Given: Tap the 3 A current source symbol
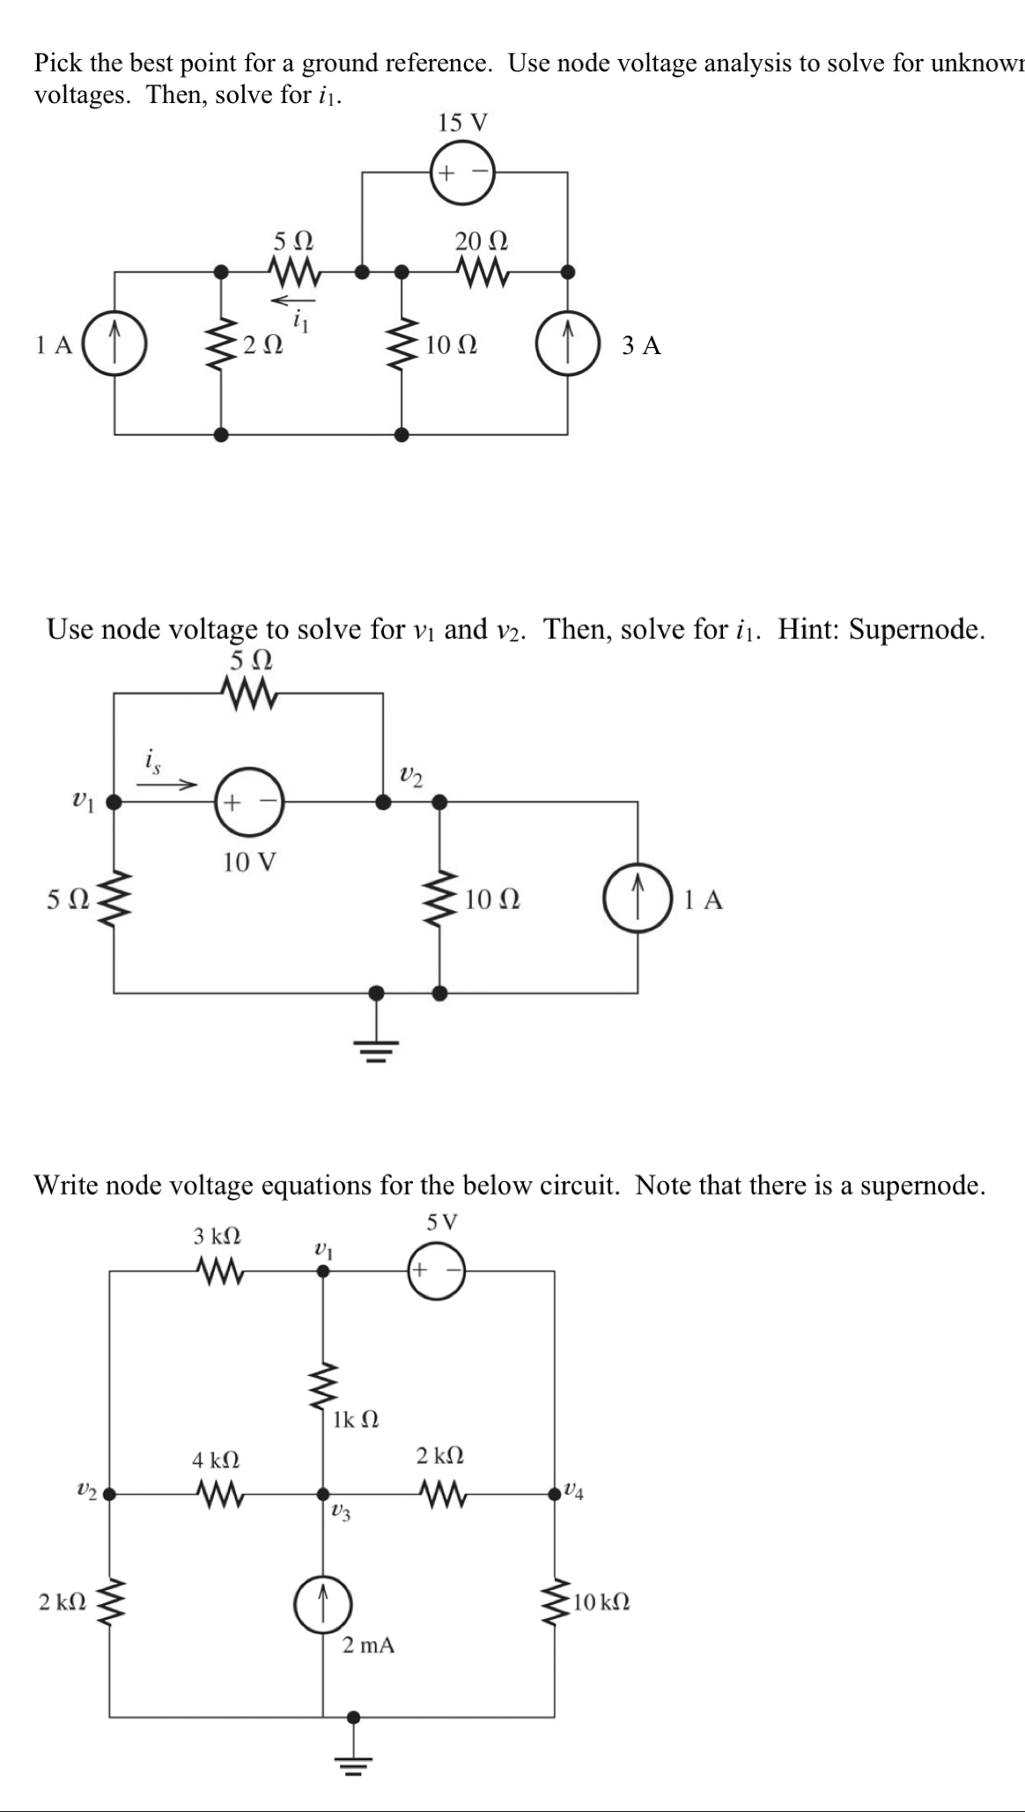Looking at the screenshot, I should [x=568, y=345].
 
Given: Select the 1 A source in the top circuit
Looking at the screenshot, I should [x=114, y=345].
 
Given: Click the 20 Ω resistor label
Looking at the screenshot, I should [x=481, y=240].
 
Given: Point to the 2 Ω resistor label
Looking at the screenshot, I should [x=262, y=346].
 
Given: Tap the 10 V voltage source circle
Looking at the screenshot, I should [x=249, y=802].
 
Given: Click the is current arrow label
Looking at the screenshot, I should [x=153, y=758].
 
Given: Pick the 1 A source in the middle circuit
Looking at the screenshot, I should [x=638, y=899].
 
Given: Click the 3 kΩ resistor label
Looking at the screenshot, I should [x=217, y=1236].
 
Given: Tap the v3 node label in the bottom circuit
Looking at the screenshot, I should [x=340, y=1512].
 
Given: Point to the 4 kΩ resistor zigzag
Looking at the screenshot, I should [x=218, y=1492].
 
